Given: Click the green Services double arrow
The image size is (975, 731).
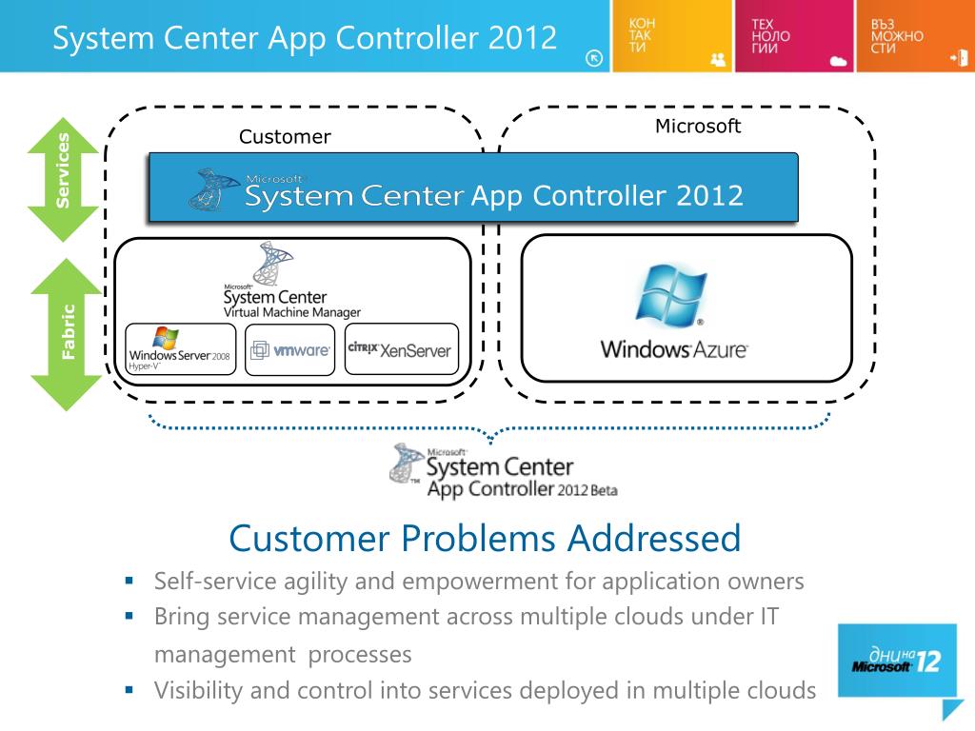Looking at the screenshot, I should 64,179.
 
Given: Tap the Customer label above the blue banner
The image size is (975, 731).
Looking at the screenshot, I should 285,137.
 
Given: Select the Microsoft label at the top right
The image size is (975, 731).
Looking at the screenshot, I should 698,127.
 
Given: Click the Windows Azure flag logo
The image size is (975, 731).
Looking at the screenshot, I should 671,295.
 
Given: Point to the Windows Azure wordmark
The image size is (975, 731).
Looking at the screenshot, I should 674,349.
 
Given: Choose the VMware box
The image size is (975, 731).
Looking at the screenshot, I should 290,349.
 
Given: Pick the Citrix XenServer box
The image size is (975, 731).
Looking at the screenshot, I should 401,349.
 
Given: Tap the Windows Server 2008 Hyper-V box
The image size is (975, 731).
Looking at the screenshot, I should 180,349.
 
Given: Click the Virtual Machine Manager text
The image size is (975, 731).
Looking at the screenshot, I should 291,312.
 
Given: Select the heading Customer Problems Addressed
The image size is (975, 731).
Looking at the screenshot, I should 485,539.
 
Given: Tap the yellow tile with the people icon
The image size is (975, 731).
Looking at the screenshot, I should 672,36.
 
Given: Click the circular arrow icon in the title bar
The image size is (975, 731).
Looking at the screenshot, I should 594,58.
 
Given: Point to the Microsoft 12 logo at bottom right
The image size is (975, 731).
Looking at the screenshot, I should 896,660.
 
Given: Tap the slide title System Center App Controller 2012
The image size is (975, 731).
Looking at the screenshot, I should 305,38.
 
